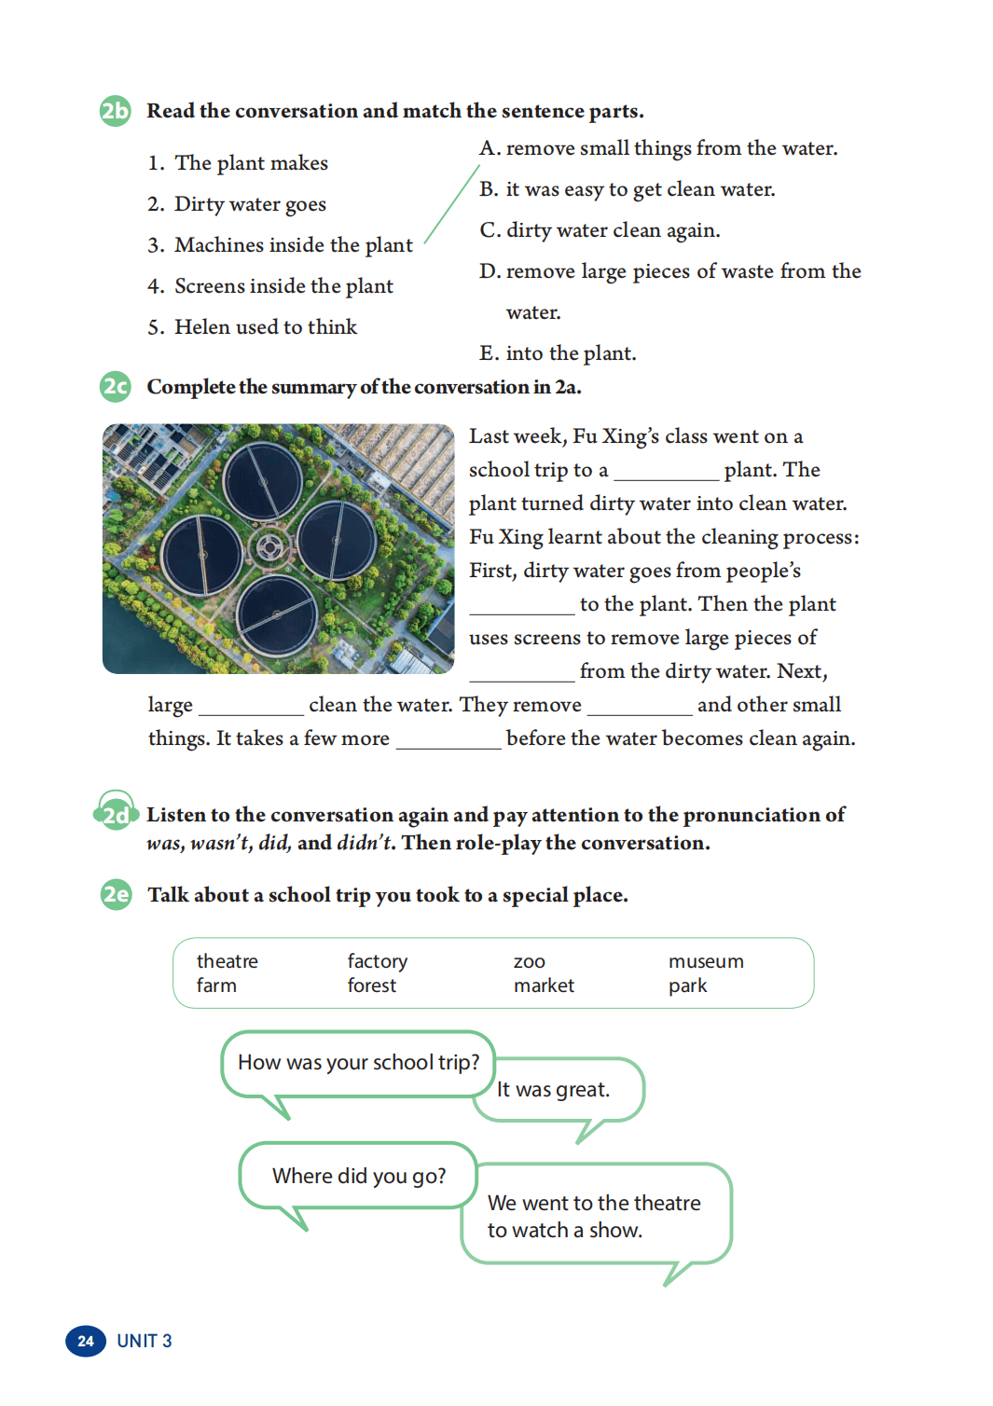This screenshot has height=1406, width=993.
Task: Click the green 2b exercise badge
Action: coord(115,111)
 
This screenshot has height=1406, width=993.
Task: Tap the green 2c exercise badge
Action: coord(115,387)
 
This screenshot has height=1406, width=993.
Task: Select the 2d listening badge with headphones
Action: coord(116,814)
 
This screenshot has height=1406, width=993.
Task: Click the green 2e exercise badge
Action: coord(116,895)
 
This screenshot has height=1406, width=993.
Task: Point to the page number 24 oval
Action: coord(85,1341)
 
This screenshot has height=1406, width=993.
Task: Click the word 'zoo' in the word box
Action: coord(529,961)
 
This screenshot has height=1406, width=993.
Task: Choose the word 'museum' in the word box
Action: coord(706,961)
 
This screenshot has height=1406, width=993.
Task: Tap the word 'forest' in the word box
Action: coord(371,986)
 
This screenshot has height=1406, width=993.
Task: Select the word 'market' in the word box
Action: coord(544,986)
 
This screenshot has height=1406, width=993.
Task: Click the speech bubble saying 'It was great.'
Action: coord(559,1090)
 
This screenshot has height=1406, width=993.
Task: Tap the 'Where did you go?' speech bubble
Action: coord(359,1176)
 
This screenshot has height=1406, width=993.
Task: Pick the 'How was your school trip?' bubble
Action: coord(358,1063)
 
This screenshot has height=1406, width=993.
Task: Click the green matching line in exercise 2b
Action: coord(451,205)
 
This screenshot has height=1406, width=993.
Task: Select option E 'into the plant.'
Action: coord(558,353)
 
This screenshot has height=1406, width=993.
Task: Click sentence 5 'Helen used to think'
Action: coord(253,327)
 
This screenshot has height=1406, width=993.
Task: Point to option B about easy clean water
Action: coord(627,189)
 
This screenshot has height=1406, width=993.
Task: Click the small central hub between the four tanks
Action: coord(270,546)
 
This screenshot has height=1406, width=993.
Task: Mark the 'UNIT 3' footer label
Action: coord(144,1341)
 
